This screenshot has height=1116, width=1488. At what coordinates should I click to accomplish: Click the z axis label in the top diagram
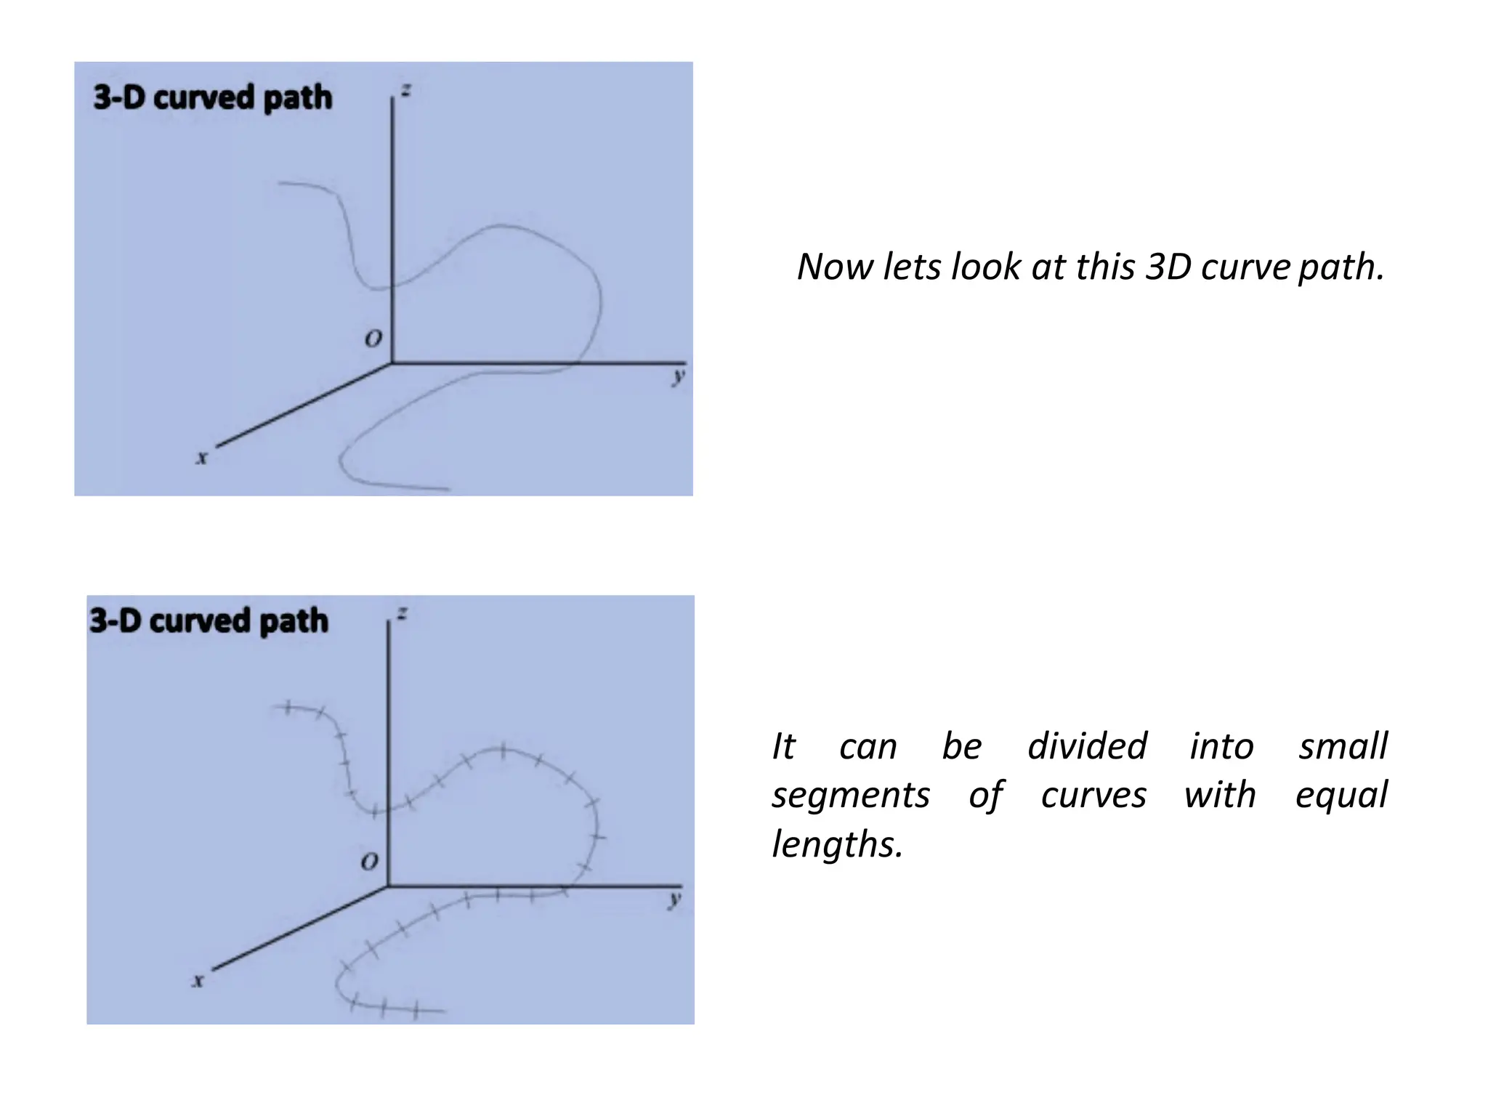pos(405,91)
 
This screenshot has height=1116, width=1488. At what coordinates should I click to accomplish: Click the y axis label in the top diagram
pos(678,376)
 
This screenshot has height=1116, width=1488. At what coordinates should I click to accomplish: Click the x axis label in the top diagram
pos(202,458)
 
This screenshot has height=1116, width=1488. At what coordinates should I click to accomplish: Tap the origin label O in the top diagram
pos(373,339)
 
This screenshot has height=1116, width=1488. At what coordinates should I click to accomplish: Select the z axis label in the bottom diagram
pos(402,614)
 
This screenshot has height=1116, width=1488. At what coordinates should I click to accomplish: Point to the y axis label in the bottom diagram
pos(675,899)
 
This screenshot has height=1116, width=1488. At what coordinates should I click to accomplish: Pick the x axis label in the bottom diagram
pos(198,981)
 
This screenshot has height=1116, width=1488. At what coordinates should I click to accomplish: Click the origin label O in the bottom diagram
pos(369,862)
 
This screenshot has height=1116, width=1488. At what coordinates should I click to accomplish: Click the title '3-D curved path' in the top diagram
pos(213,97)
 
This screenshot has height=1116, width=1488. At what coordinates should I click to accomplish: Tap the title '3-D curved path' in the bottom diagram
pos(209,621)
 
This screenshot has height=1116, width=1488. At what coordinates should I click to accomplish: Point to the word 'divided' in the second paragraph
pos(1087,746)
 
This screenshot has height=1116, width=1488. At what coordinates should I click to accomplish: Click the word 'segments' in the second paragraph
pos(850,795)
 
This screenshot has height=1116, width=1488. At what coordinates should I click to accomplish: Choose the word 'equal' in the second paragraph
pos(1341,795)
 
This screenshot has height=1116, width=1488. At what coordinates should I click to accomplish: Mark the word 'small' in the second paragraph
pos(1343,746)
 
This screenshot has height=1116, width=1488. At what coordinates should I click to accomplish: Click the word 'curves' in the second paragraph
pos(1093,795)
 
